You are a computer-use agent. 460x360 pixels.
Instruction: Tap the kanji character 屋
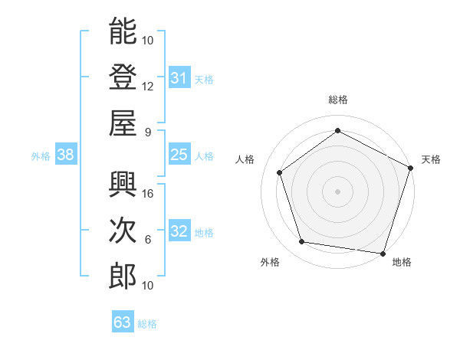123,122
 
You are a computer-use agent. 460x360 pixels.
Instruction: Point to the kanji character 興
123,184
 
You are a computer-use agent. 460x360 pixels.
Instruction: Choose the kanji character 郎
123,276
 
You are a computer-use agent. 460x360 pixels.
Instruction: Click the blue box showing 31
179,77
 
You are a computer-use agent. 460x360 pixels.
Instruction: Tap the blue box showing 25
179,155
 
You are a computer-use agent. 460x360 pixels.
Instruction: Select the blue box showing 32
179,231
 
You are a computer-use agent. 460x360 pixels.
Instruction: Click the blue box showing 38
65,155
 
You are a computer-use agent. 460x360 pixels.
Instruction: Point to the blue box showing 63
122,322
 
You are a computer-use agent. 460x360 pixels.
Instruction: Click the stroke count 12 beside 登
148,86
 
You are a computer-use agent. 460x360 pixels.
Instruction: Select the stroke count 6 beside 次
148,240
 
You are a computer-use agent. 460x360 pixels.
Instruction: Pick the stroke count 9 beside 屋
148,131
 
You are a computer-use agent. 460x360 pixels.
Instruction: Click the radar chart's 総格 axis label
337,100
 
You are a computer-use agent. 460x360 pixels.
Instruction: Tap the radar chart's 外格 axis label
270,262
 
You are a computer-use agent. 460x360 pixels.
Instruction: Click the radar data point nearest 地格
383,253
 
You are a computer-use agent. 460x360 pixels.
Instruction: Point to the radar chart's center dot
337,191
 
